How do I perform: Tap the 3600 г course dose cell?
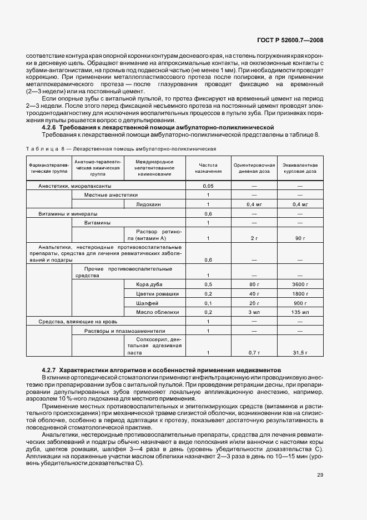[x=300, y=284]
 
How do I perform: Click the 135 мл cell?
[x=300, y=312]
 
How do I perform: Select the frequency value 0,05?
[x=208, y=186]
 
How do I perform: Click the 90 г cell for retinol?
[x=300, y=238]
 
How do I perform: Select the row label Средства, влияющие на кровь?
[x=76, y=322]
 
